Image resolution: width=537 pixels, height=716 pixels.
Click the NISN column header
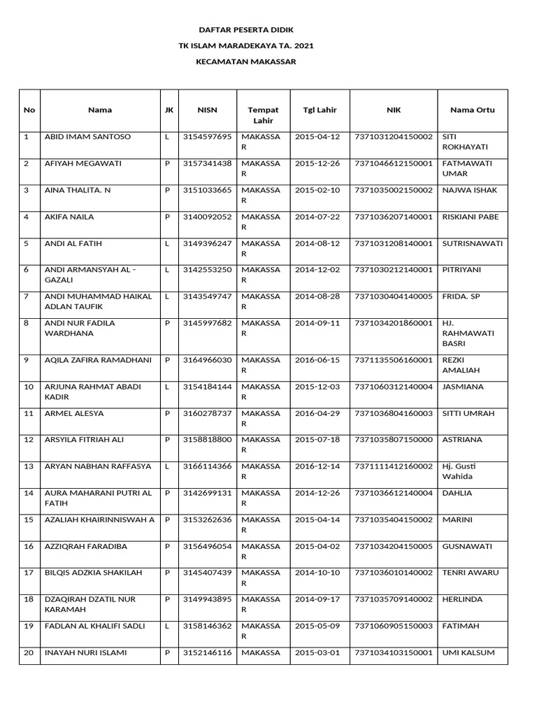(x=207, y=110)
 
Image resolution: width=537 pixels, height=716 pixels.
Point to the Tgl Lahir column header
(x=320, y=110)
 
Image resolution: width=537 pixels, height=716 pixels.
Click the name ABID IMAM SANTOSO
(x=87, y=136)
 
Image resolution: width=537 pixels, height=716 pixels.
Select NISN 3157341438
(x=207, y=163)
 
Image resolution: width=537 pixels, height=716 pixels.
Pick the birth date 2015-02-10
(x=317, y=189)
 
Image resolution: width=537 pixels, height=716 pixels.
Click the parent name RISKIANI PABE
(x=471, y=217)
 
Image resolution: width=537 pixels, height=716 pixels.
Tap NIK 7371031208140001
(x=394, y=243)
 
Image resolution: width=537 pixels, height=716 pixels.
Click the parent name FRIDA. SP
(x=461, y=296)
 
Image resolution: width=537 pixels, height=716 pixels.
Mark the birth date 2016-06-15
(x=317, y=360)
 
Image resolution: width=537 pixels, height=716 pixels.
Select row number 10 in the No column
(x=29, y=387)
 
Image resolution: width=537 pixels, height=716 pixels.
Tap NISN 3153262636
(x=207, y=520)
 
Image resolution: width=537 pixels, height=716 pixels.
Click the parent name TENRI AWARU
(x=471, y=573)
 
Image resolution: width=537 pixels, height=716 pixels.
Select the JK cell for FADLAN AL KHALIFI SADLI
(x=167, y=626)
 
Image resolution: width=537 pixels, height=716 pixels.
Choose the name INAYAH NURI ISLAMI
(x=85, y=652)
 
